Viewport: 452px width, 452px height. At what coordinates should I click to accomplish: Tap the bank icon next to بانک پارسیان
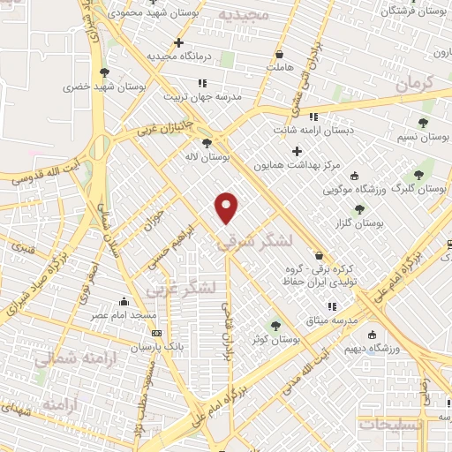tap(157, 333)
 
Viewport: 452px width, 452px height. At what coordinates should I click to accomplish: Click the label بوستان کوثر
tap(275, 338)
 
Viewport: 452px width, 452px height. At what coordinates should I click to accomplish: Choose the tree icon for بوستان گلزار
tap(358, 209)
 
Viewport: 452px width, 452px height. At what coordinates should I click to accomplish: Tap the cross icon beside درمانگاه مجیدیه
tap(179, 42)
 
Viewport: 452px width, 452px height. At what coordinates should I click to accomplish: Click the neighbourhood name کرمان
tap(415, 85)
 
